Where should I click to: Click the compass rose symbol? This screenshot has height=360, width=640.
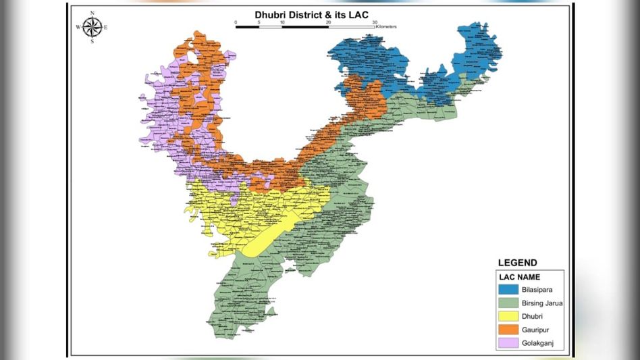click(92, 27)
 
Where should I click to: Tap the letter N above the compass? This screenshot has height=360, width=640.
click(92, 13)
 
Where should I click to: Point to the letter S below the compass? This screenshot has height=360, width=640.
click(92, 42)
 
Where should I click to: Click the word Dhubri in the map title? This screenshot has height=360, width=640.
click(271, 14)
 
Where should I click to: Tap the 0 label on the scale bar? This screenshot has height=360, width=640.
click(236, 22)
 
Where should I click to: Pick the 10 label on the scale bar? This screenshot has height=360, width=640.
click(282, 22)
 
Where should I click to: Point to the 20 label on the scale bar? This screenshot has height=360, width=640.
click(328, 22)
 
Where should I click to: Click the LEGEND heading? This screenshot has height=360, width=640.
click(518, 263)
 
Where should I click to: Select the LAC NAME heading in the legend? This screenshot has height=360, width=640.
click(520, 277)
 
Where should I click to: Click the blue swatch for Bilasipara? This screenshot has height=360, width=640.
click(508, 290)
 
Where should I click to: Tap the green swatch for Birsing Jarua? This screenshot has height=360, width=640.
click(508, 303)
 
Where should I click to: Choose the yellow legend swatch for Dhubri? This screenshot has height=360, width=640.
click(508, 316)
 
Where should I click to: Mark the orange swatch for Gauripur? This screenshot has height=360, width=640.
click(508, 330)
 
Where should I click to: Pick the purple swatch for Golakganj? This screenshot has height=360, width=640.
click(508, 343)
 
